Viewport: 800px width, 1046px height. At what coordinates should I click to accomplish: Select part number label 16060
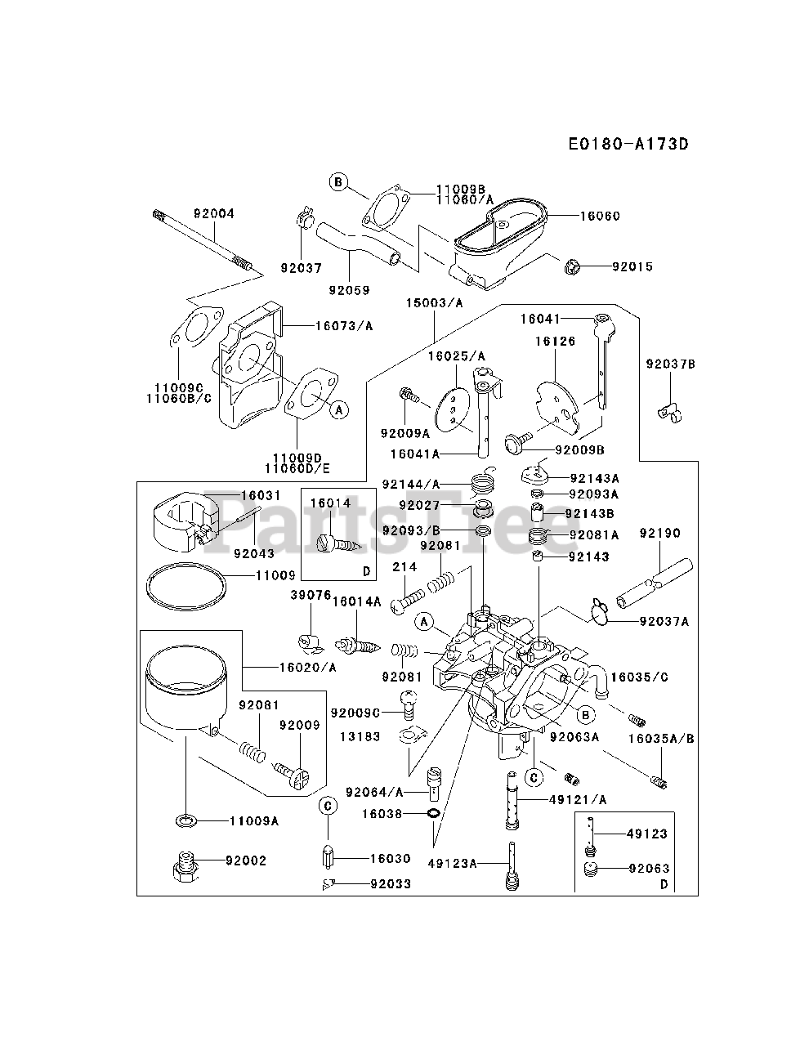[x=600, y=217]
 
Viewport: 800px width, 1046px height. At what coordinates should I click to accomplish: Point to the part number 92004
[x=214, y=214]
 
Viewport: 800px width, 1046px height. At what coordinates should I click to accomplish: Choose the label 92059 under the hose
[x=349, y=289]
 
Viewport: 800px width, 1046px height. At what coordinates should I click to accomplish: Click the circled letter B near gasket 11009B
[x=338, y=182]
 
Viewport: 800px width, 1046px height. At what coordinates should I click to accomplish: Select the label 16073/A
[x=344, y=325]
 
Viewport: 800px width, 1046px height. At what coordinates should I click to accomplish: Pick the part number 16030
[x=390, y=859]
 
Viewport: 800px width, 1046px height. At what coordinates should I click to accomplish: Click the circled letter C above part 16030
[x=327, y=806]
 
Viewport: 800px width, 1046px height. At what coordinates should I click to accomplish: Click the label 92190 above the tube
[x=659, y=534]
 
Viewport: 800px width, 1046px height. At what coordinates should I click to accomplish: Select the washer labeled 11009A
[x=187, y=820]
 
